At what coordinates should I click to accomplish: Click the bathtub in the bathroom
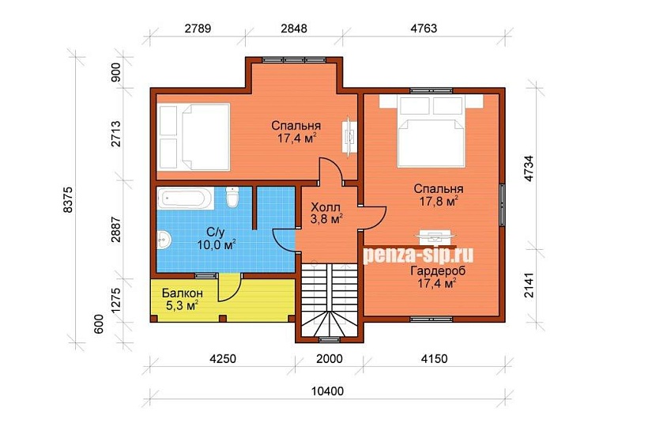(x=186, y=199)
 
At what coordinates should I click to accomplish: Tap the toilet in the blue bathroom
(x=232, y=197)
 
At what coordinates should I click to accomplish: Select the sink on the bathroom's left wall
(x=164, y=240)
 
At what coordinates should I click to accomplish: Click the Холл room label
(x=326, y=207)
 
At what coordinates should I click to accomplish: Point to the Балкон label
(x=183, y=293)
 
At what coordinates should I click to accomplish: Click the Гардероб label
(x=438, y=271)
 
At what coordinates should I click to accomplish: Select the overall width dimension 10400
(x=328, y=391)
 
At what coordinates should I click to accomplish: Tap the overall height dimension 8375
(x=68, y=199)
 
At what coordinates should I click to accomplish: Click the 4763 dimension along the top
(x=424, y=28)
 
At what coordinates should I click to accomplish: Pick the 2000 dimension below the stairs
(x=330, y=358)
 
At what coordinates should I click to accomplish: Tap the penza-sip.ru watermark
(x=418, y=254)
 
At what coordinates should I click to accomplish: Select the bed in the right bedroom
(x=431, y=130)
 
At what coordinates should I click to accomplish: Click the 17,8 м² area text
(x=439, y=202)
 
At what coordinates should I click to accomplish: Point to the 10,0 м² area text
(x=217, y=244)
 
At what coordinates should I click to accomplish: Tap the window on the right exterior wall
(x=503, y=204)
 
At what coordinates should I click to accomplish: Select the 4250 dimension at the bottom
(x=222, y=358)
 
